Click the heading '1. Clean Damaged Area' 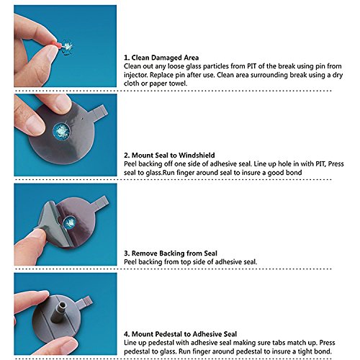[x=161, y=58]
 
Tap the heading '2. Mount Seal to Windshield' [x=169, y=156]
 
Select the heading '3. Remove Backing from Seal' [x=171, y=253]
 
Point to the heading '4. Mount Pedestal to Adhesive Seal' [x=181, y=334]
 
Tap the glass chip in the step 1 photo [x=68, y=48]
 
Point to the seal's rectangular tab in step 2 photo [x=99, y=111]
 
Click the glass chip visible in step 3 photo [x=69, y=222]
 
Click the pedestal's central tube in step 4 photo [x=60, y=312]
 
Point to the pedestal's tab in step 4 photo [x=86, y=302]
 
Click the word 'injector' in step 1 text [x=136, y=75]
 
